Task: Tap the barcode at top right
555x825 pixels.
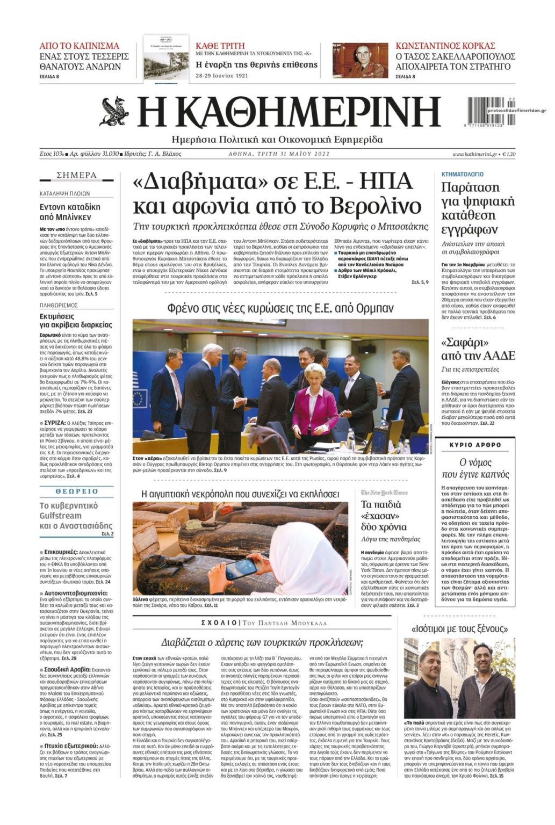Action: point(485,111)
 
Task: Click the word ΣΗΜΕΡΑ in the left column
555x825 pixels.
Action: point(77,175)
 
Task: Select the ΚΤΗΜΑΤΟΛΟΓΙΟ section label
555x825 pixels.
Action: point(462,175)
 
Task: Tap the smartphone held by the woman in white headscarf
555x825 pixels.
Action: point(241,568)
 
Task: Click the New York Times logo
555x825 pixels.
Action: point(384,492)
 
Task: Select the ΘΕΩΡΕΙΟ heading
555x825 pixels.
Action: point(77,491)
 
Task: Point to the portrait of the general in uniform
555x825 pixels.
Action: point(360,60)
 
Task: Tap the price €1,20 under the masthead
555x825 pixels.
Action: point(508,154)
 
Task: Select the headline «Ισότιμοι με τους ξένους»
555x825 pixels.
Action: point(459,628)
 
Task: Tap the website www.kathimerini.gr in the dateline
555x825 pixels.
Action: point(474,154)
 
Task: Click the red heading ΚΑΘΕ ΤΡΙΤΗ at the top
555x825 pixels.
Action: point(220,46)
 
